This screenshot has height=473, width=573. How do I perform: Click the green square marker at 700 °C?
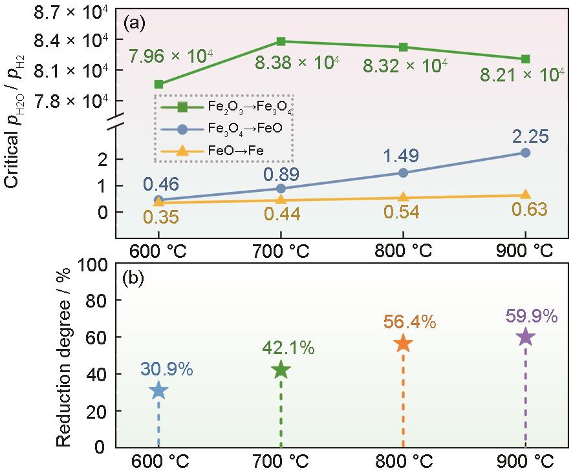click(281, 41)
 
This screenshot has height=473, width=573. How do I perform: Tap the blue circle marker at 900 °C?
click(525, 152)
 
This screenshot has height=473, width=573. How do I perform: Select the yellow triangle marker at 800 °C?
click(403, 198)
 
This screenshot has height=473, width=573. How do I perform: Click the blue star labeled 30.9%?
click(158, 390)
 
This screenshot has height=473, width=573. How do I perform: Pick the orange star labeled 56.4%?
click(403, 343)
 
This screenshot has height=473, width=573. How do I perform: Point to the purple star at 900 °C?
click(525, 337)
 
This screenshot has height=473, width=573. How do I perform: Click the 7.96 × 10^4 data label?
click(171, 58)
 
